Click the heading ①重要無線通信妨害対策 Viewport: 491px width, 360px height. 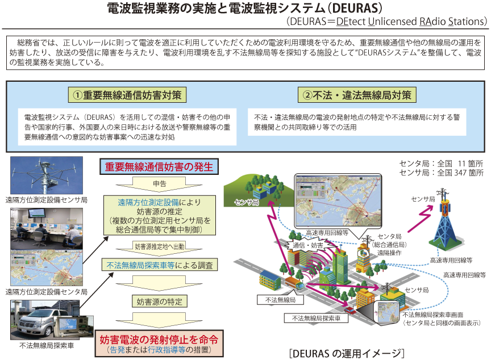click(127, 95)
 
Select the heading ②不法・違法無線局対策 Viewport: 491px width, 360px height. click(357, 95)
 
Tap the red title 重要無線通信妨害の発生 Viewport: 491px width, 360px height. click(159, 167)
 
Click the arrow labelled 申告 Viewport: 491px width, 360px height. click(159, 184)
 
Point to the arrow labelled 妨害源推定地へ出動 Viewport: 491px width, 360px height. click(159, 247)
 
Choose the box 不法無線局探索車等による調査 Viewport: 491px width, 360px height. click(159, 265)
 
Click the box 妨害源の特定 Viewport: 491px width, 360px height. click(159, 302)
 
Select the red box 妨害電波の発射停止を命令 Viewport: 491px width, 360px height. click(159, 343)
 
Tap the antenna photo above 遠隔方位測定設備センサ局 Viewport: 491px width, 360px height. click(47, 175)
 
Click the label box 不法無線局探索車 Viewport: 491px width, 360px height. click(317, 319)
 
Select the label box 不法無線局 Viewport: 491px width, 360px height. click(280, 300)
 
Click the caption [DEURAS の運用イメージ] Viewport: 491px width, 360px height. click(347, 353)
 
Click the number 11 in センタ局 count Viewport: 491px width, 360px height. click(461, 164)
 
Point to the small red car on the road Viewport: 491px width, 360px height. click(349, 309)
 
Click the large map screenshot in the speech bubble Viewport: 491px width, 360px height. click(338, 200)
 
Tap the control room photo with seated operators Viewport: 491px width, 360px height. click(47, 229)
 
